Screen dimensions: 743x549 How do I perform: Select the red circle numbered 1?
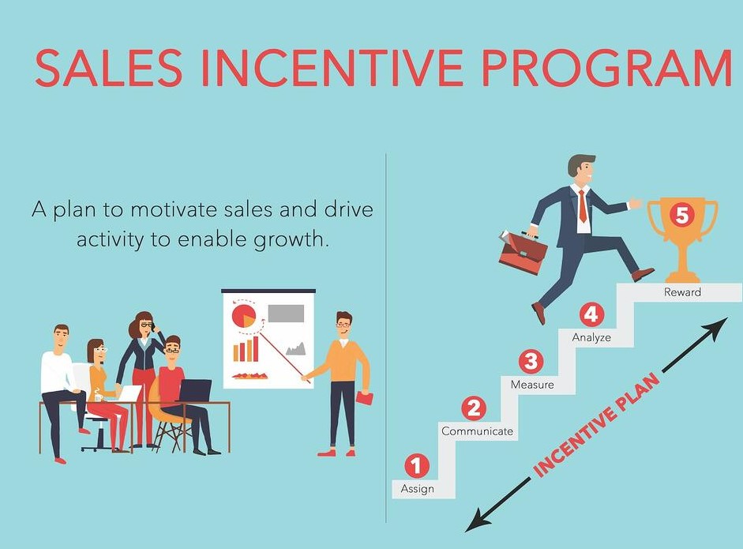point(417,465)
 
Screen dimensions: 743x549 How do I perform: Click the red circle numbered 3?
point(531,361)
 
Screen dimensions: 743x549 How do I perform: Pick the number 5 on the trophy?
point(681,216)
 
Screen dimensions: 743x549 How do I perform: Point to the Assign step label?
point(417,488)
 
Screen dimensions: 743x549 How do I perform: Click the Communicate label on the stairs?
point(477,431)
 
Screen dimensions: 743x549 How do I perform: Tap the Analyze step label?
point(591,337)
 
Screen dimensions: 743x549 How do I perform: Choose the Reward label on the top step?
point(682,292)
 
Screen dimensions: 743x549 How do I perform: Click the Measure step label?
point(532,384)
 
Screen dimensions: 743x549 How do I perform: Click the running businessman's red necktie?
point(583,206)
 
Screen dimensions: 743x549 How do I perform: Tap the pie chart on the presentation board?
point(244,315)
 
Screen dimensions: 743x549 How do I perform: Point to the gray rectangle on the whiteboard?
point(286,314)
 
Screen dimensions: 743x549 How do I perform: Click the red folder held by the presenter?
point(363,399)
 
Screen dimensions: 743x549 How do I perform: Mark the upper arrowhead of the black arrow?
point(719,325)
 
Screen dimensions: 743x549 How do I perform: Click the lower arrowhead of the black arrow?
point(475,524)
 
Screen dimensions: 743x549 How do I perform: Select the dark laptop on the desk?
point(195,389)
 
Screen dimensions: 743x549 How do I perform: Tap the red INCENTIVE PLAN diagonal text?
point(596,425)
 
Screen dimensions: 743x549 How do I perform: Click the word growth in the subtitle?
point(291,239)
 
